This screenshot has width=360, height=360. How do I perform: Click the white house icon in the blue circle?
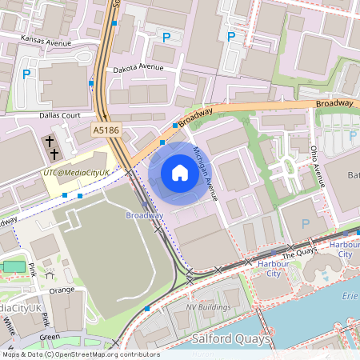pos(180,173)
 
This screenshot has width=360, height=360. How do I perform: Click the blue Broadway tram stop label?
pos(145,215)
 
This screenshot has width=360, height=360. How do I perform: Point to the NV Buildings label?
pos(208,307)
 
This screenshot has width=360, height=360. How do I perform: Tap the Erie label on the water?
pos(350,294)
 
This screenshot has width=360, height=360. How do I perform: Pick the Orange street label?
pos(61,290)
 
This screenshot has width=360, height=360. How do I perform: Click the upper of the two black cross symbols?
pos(50,142)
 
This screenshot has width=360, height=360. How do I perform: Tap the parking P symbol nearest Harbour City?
pos(305,225)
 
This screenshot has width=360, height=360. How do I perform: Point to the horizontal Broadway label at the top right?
pos(334,103)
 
